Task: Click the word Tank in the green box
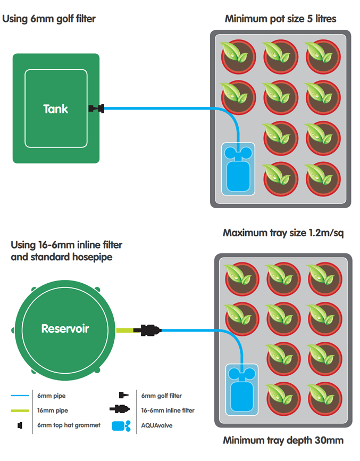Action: [x=56, y=109]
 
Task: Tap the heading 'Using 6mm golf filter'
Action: [x=49, y=19]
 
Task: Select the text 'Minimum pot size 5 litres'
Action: [x=280, y=19]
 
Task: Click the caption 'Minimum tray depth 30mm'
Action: [x=283, y=440]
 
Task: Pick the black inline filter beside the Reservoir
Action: [x=147, y=330]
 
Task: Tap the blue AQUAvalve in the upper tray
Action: [x=237, y=170]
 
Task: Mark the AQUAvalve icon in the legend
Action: [x=121, y=426]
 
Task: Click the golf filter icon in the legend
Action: [x=122, y=396]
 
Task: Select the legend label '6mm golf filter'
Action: [x=162, y=396]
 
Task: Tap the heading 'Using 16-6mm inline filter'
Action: [x=66, y=245]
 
